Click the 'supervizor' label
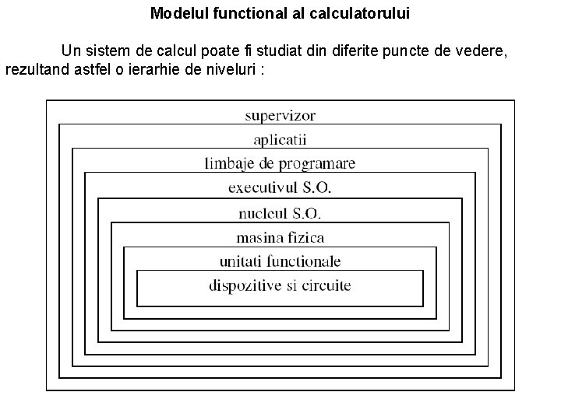[x=280, y=116]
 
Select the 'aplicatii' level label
[x=280, y=140]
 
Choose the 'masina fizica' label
[x=280, y=237]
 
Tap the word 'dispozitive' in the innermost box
[x=245, y=285]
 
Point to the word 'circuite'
[x=324, y=285]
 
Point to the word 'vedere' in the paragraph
[x=483, y=52]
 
